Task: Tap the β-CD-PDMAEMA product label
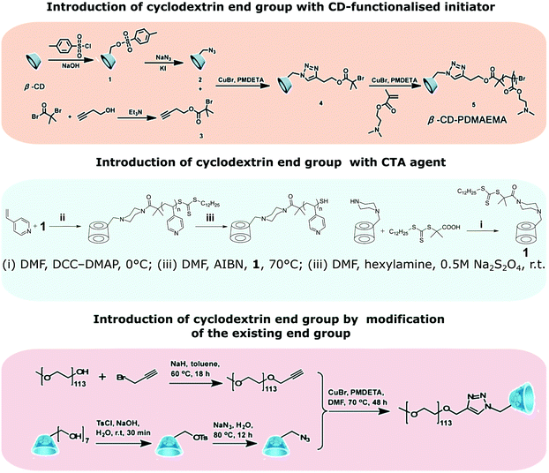tap(478, 134)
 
